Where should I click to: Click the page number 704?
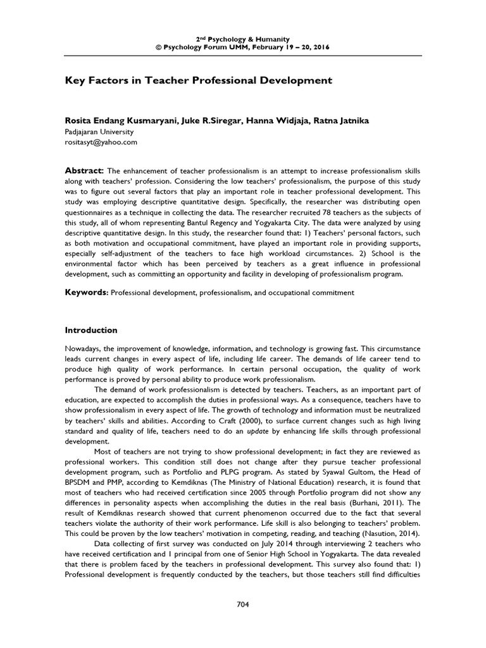pyautogui.click(x=243, y=604)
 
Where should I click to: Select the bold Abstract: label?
pyautogui.click(x=84, y=171)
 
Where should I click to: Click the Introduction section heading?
pyautogui.click(x=92, y=330)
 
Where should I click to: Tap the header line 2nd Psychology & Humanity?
pyautogui.click(x=243, y=37)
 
